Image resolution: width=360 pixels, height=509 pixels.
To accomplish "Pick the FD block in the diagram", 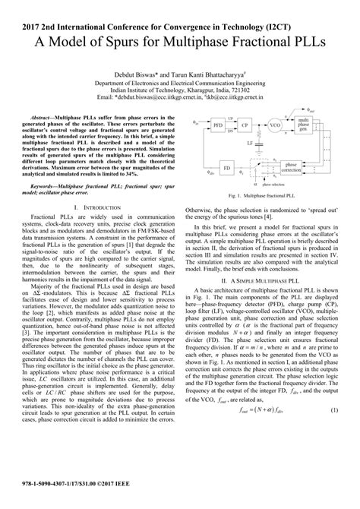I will (226, 164).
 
